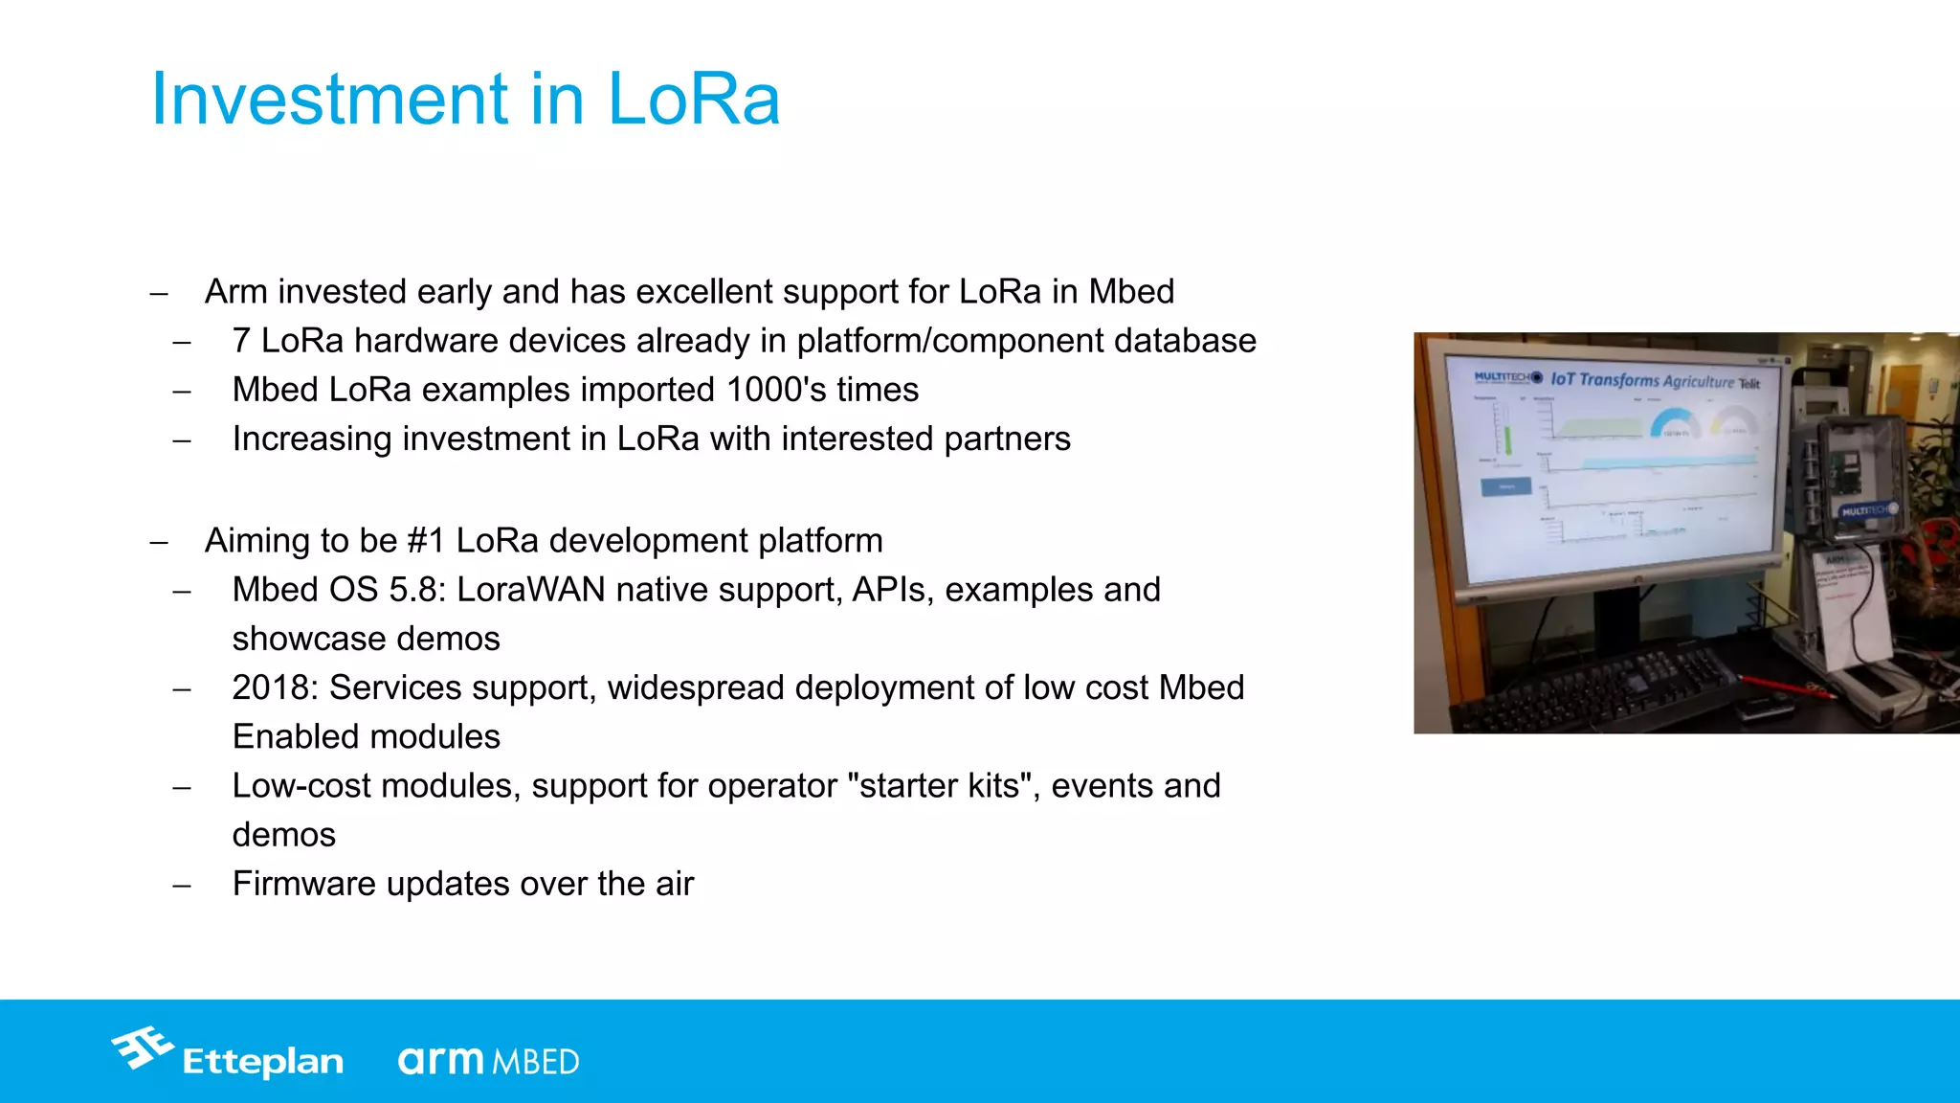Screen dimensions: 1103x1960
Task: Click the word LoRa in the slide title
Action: [694, 99]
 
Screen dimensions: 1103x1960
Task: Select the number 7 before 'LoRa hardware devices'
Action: [241, 341]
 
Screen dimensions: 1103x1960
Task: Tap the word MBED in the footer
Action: [536, 1062]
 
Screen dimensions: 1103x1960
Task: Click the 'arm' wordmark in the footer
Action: [441, 1060]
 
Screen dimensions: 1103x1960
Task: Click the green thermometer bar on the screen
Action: [1507, 439]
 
